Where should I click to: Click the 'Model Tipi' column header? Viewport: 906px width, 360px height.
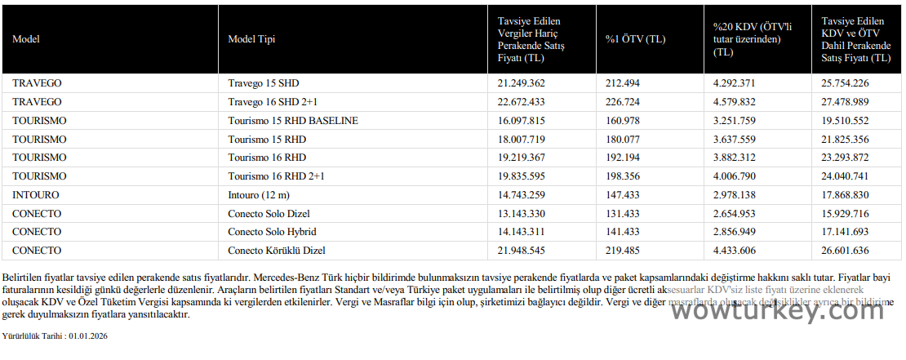click(x=251, y=38)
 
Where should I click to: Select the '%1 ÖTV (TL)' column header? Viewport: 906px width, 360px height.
click(x=634, y=38)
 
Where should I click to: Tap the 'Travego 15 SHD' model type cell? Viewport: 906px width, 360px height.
click(x=264, y=83)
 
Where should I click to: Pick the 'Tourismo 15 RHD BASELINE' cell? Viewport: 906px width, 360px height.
click(x=293, y=120)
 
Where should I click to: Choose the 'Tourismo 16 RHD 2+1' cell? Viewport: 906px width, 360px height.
click(x=276, y=176)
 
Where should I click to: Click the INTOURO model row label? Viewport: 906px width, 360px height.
click(x=36, y=194)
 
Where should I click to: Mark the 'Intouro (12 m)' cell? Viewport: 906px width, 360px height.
click(x=259, y=194)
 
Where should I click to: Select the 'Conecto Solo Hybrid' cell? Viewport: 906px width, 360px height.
click(x=272, y=231)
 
